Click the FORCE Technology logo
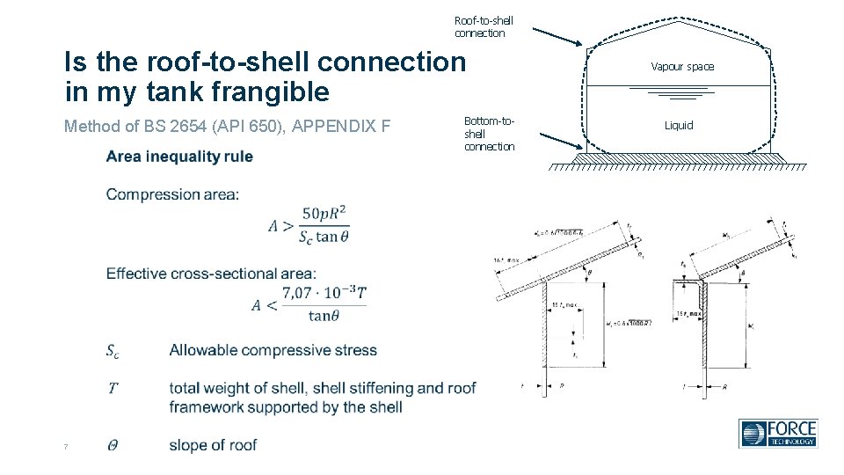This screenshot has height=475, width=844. point(778,433)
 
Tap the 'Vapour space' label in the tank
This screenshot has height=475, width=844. point(682,67)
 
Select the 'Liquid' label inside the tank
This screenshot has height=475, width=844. point(679,126)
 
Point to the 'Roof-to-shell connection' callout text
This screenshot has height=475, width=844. point(484,26)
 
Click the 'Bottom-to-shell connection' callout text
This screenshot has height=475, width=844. point(489,133)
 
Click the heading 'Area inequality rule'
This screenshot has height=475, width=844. point(179,157)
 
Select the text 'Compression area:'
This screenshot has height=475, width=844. point(172,194)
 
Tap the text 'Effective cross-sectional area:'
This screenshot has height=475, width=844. point(211,274)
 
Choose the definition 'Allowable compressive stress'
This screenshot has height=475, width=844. point(273,350)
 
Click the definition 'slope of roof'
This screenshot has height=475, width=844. point(213,445)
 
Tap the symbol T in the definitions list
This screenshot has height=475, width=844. point(113,388)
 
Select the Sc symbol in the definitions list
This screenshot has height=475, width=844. point(113,351)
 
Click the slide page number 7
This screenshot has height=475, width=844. point(66,448)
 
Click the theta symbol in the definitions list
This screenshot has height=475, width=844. point(113,446)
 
